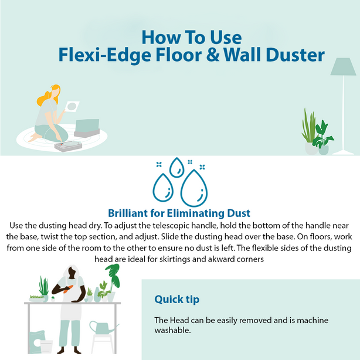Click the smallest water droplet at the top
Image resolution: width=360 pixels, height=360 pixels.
[x=176, y=168]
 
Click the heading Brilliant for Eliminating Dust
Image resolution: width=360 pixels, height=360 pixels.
[x=180, y=213]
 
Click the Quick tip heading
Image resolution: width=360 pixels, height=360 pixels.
[x=176, y=299]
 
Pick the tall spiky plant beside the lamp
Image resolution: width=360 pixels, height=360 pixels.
[x=308, y=126]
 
